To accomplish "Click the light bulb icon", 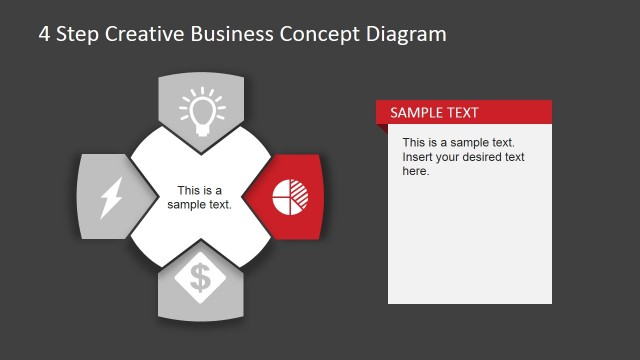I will point(201,112).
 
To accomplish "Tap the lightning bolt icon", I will point(109,197).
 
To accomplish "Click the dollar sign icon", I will point(201,279).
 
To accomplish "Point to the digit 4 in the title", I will point(44,34).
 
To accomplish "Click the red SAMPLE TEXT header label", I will point(434,112).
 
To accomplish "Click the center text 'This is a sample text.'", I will point(200,197).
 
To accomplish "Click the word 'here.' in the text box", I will point(416,171).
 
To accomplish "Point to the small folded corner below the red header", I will point(382,128).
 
